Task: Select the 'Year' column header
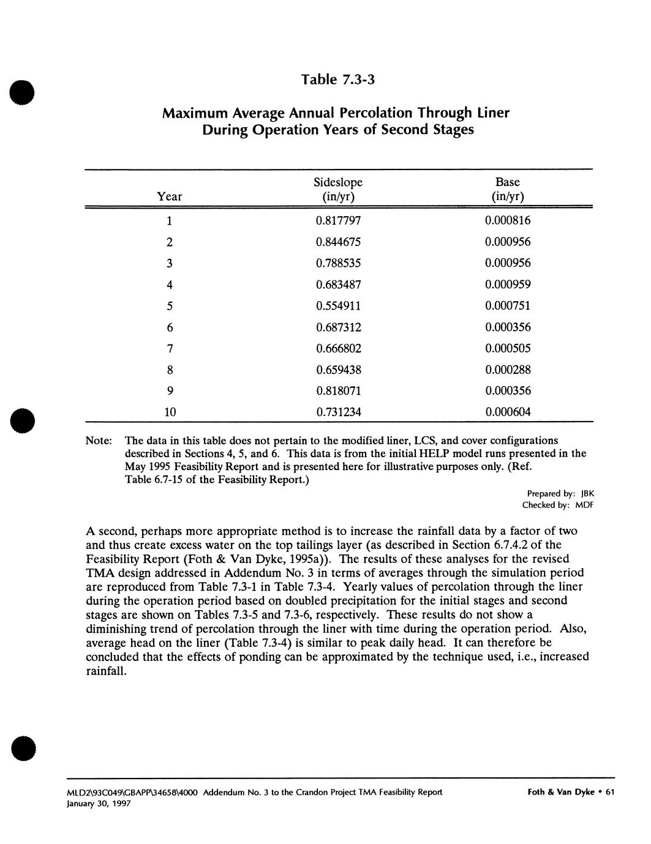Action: [170, 196]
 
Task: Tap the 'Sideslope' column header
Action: [338, 182]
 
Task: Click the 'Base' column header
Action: [508, 182]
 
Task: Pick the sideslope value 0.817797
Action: [338, 220]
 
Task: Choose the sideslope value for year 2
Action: [338, 242]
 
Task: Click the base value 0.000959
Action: [508, 285]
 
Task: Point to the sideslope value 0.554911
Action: [338, 306]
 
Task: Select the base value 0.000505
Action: [508, 349]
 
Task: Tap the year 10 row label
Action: [170, 413]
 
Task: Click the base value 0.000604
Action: [508, 413]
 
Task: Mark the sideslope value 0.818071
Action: [338, 391]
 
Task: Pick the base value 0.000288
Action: [508, 370]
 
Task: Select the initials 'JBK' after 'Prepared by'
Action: [587, 493]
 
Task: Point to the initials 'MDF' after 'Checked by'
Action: [585, 506]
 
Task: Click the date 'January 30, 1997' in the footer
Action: [98, 804]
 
